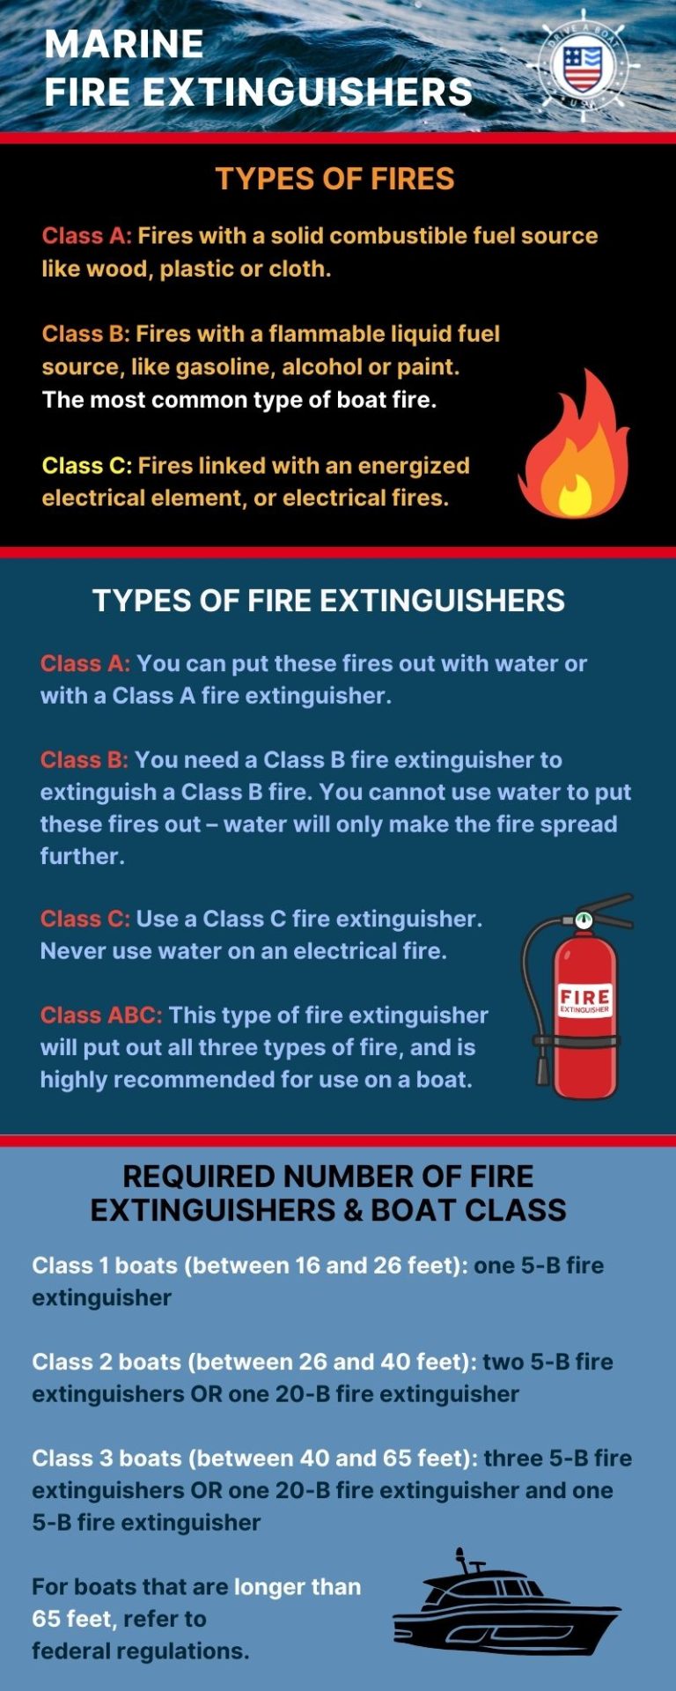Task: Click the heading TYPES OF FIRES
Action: point(335,179)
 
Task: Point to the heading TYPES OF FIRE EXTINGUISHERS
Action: point(328,601)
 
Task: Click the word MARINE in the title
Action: point(124,44)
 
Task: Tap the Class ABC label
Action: point(101,1015)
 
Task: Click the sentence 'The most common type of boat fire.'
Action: point(239,400)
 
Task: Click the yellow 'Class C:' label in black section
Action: point(86,465)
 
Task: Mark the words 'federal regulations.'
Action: point(140,1651)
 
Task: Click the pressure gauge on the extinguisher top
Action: point(583,920)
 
